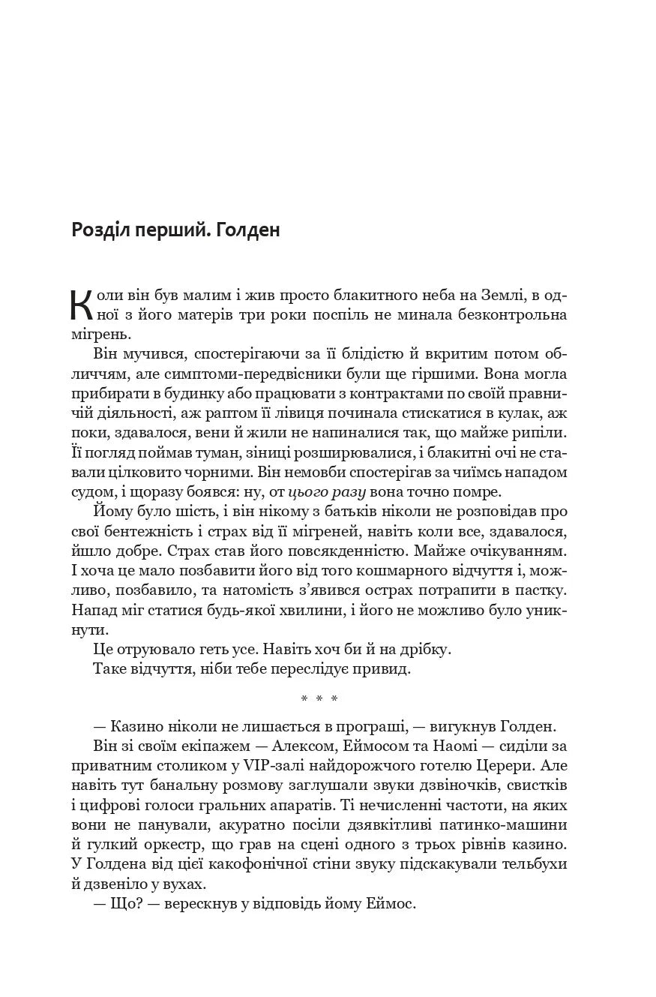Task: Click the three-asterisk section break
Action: [x=319, y=700]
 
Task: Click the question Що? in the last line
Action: [x=126, y=904]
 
